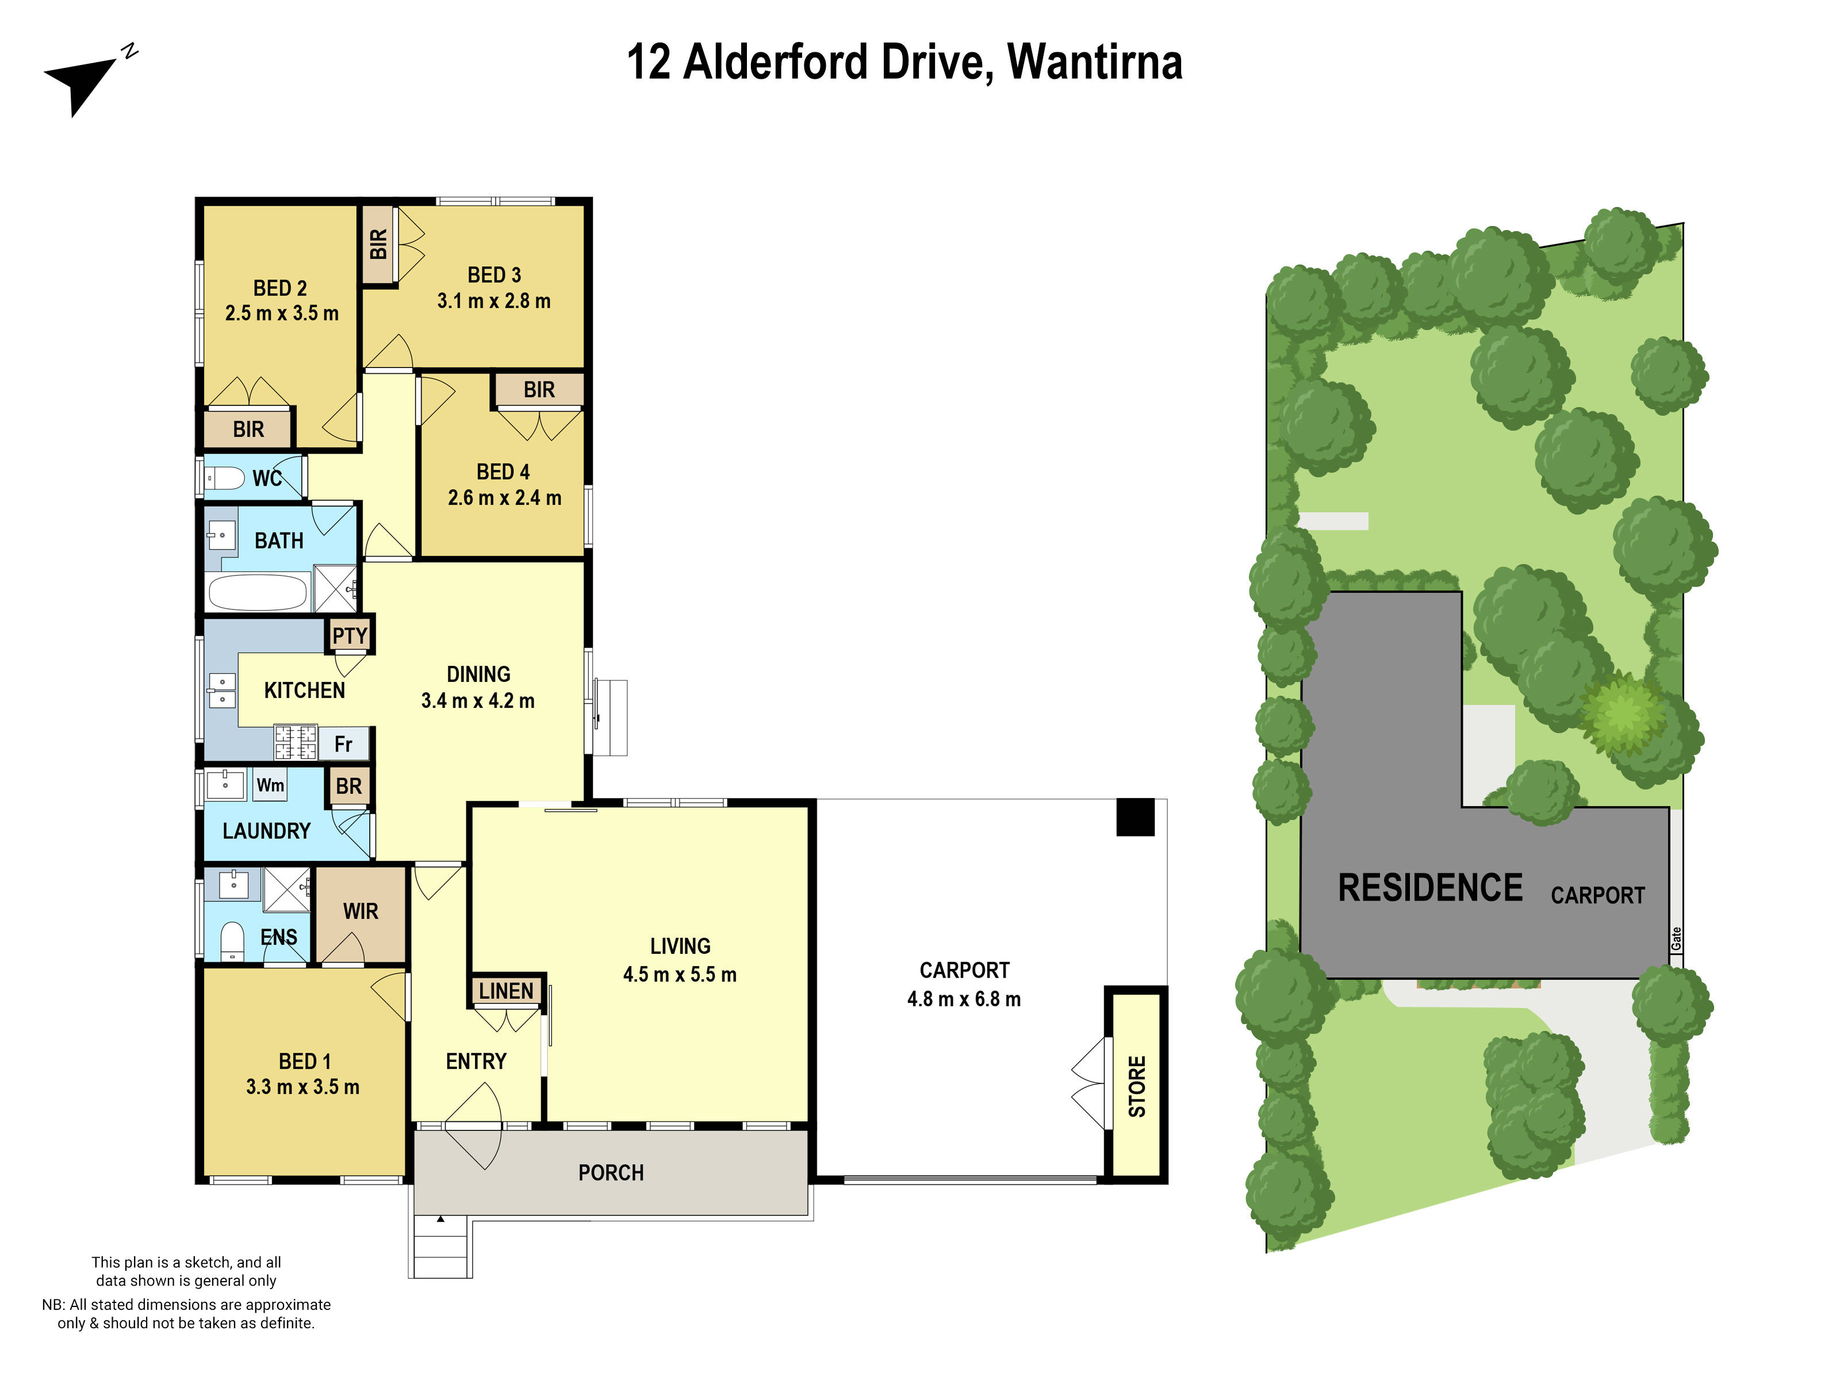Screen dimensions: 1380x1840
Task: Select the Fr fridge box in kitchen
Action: [x=343, y=743]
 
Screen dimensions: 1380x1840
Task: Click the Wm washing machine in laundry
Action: [x=270, y=785]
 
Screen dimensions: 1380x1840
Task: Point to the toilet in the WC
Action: [x=225, y=478]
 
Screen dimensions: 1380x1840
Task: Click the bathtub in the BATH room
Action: [x=257, y=593]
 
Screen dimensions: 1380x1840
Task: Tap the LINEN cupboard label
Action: [x=506, y=991]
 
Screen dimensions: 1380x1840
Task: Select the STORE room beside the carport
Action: [x=1136, y=1086]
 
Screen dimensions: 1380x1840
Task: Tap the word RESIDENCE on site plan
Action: [x=1430, y=888]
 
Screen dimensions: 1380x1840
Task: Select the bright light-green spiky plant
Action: [x=1621, y=714]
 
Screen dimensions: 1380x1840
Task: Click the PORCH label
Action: [x=611, y=1173]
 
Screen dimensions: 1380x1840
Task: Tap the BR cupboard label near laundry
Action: [x=348, y=786]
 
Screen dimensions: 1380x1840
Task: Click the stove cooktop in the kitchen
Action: [x=296, y=742]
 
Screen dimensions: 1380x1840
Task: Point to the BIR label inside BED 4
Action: [x=539, y=390]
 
